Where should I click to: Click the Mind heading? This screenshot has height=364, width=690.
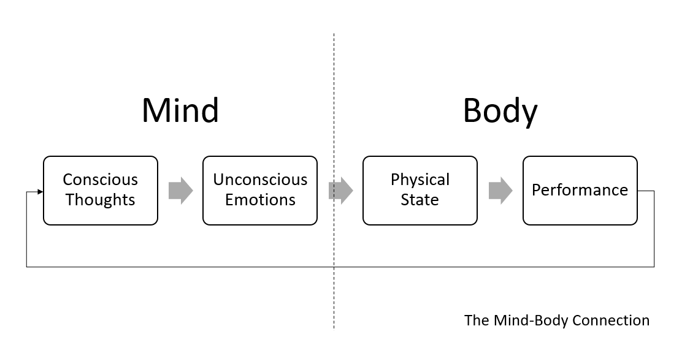coord(180,111)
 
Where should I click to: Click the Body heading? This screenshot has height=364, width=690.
coord(500,111)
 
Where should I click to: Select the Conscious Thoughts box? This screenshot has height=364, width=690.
coord(101,191)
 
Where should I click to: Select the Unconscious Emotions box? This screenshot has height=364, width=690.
coord(260,191)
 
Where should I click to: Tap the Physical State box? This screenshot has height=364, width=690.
coord(420,191)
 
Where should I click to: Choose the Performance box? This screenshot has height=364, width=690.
coord(580,191)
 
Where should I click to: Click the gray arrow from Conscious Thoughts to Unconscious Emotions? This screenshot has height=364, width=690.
coord(180,190)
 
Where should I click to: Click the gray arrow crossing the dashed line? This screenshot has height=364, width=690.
coord(340,190)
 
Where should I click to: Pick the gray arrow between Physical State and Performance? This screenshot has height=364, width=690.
coord(500,190)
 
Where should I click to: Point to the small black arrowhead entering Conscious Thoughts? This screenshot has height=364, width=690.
coord(40,192)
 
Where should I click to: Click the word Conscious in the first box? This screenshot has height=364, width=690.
coord(101,180)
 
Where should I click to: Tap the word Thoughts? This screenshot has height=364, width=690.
coord(101,200)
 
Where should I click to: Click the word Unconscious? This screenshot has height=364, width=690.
coord(260,180)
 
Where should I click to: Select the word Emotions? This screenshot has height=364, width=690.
coord(260,200)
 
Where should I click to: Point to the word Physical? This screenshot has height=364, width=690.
coord(420,180)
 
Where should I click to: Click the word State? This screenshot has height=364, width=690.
coord(420,200)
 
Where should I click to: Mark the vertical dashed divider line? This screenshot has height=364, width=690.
coord(334,294)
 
